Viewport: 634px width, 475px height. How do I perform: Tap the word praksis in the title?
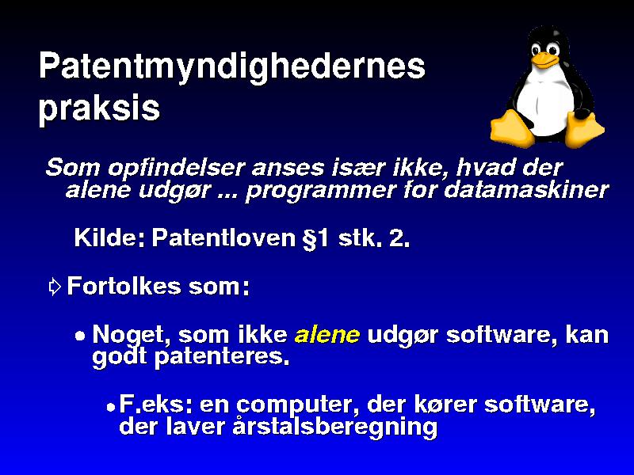[100, 109]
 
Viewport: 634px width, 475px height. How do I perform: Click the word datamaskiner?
[526, 190]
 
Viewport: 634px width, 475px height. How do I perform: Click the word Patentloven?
[223, 237]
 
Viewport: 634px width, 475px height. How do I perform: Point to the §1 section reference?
[316, 238]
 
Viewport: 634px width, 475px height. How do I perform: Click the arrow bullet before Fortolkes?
[55, 287]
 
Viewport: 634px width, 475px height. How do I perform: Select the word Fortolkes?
[124, 286]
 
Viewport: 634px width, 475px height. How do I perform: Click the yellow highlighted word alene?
[327, 335]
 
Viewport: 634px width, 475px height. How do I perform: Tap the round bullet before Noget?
[81, 336]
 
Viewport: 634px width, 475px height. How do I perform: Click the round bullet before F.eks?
[111, 406]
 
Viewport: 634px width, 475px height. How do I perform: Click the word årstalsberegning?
[334, 427]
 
